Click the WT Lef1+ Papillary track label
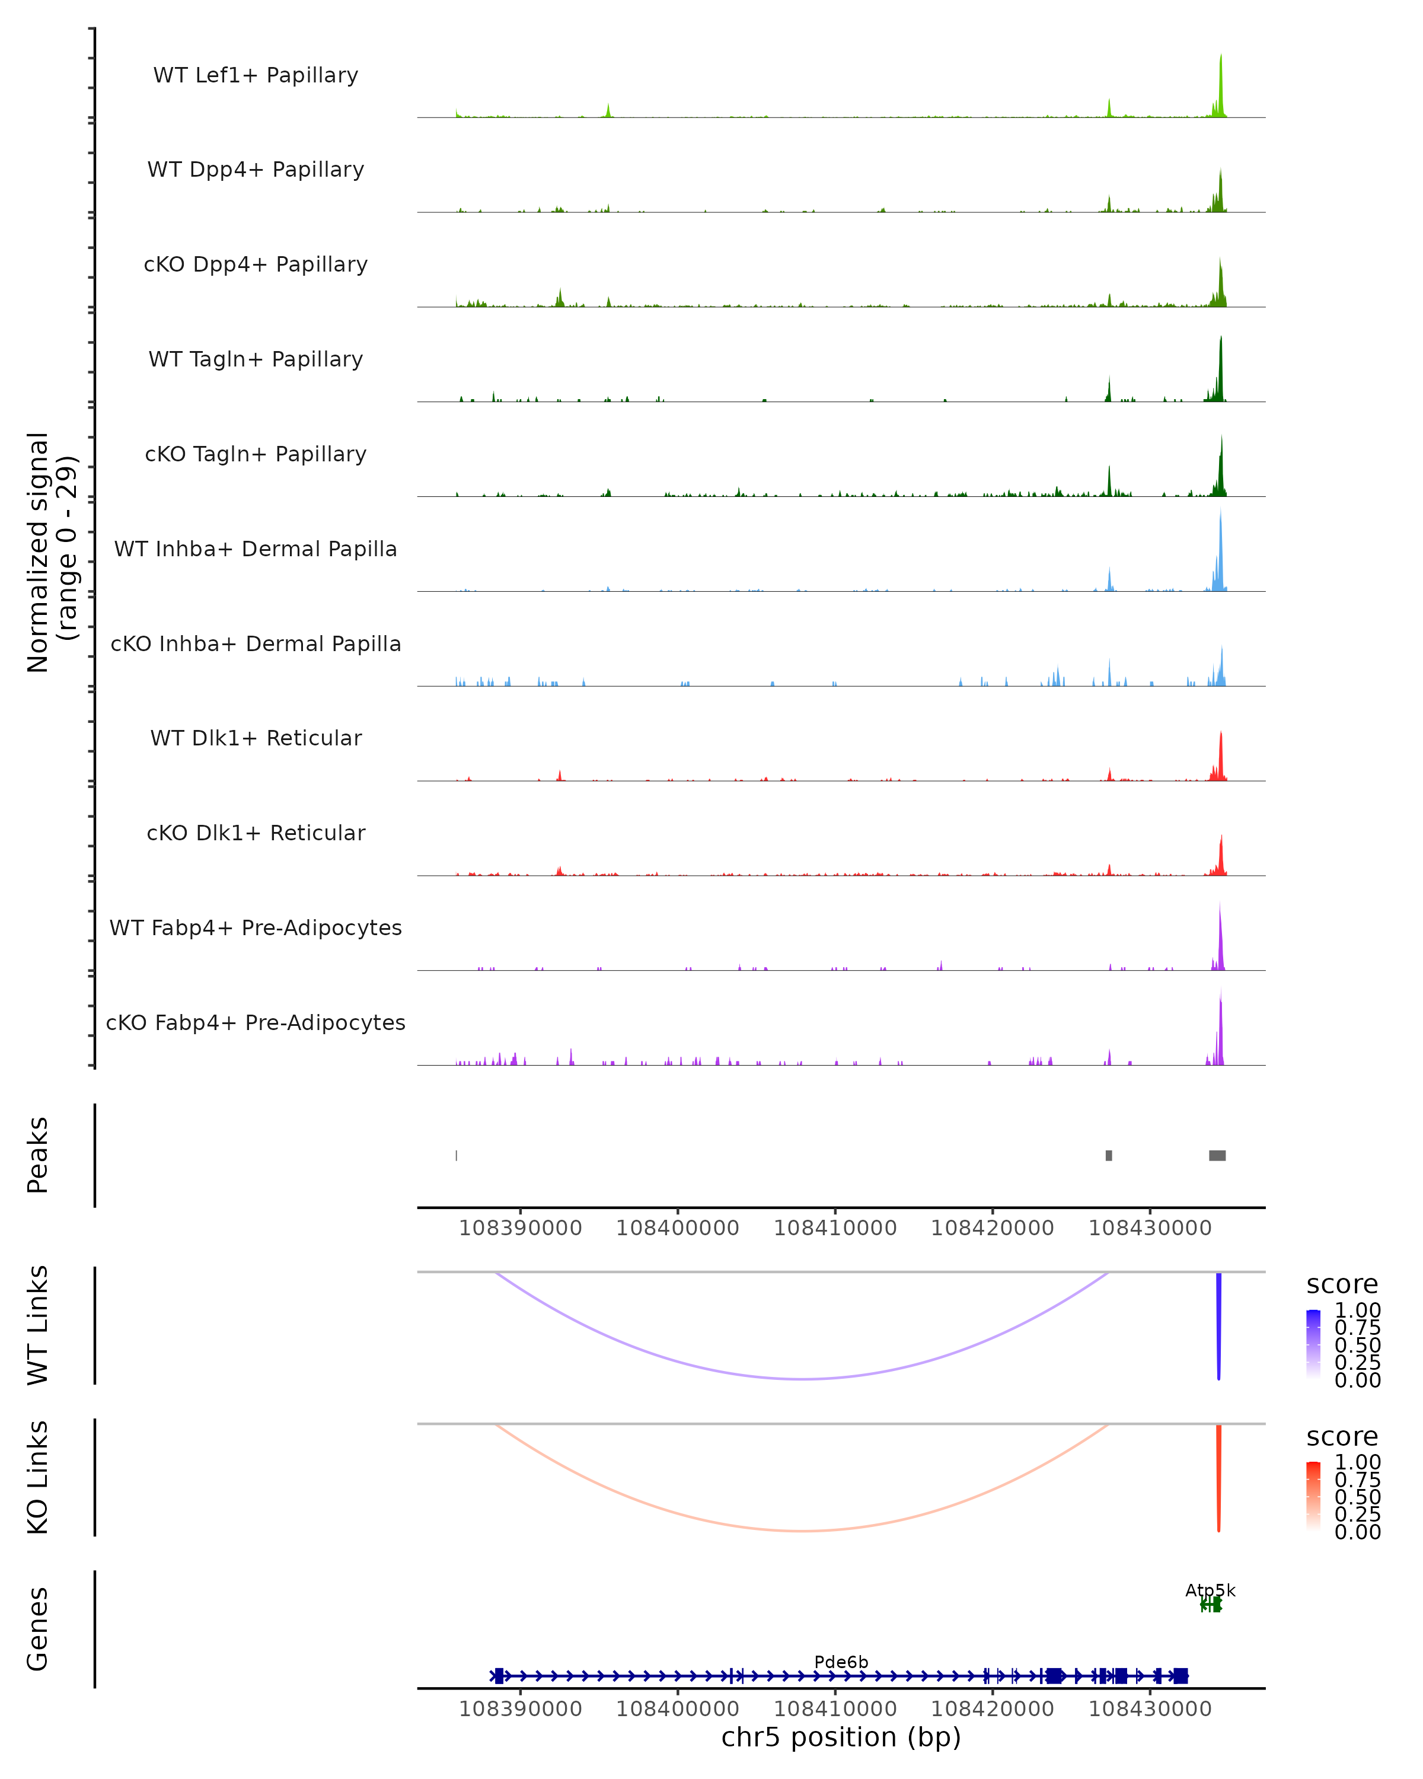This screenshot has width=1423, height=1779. coord(256,75)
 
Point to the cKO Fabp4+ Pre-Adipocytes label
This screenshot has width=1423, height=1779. coord(256,1022)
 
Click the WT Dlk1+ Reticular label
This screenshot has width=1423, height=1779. coord(256,738)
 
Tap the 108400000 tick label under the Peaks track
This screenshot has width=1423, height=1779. coord(677,1228)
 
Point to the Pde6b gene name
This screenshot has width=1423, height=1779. coord(841,1662)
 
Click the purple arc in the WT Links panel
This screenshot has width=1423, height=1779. coord(802,1379)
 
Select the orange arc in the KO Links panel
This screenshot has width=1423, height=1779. coord(802,1531)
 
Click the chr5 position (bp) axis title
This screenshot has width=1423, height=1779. coord(841,1737)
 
